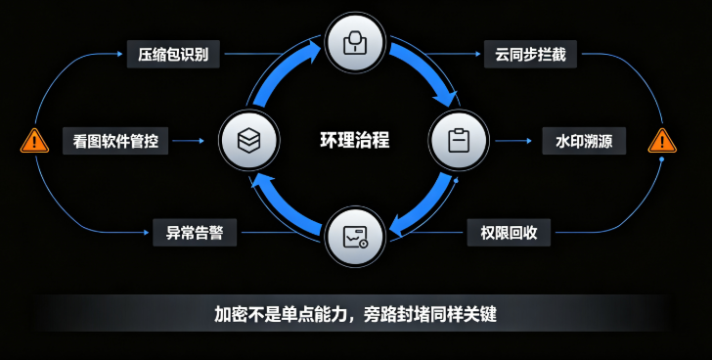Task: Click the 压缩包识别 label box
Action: click(x=173, y=54)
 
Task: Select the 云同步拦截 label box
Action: click(x=530, y=54)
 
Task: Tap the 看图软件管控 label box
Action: click(x=115, y=141)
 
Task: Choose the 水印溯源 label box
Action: click(x=584, y=141)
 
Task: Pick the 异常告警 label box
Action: click(x=195, y=233)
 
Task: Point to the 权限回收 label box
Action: click(x=509, y=233)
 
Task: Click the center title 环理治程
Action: click(x=355, y=140)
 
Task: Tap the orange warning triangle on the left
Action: click(x=34, y=141)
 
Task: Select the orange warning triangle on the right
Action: click(x=662, y=141)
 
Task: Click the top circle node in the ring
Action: click(x=356, y=43)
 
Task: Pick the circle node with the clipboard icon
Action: click(x=459, y=140)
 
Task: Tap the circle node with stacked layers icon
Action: click(x=248, y=140)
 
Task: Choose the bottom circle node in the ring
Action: click(x=356, y=236)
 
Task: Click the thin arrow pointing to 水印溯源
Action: click(x=513, y=141)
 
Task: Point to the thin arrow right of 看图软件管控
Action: click(x=189, y=141)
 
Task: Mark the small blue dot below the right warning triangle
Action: click(x=661, y=159)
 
